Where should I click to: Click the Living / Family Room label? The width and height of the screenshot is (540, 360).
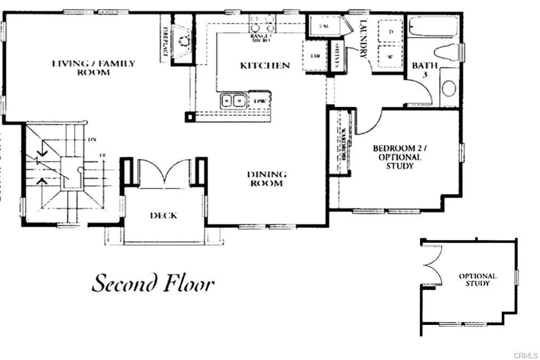click(x=93, y=67)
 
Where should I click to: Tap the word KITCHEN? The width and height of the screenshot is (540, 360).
click(x=265, y=66)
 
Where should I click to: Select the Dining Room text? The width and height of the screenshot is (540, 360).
click(x=267, y=179)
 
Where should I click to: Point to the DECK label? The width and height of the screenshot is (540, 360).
click(x=163, y=215)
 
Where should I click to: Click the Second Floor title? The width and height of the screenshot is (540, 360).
click(x=153, y=284)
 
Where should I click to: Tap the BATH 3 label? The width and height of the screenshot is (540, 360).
click(x=425, y=70)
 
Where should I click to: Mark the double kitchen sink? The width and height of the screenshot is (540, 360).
click(x=233, y=100)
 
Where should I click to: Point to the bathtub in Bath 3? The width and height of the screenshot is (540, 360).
click(x=433, y=27)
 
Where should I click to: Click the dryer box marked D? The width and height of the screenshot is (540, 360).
click(x=391, y=32)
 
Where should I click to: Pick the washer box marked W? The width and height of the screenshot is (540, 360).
click(x=391, y=55)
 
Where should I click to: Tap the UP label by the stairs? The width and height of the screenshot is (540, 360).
click(x=103, y=155)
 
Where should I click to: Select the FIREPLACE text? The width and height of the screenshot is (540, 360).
click(x=165, y=42)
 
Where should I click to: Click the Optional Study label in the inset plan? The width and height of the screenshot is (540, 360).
click(x=478, y=279)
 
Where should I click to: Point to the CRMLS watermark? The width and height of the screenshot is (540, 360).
click(x=525, y=355)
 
